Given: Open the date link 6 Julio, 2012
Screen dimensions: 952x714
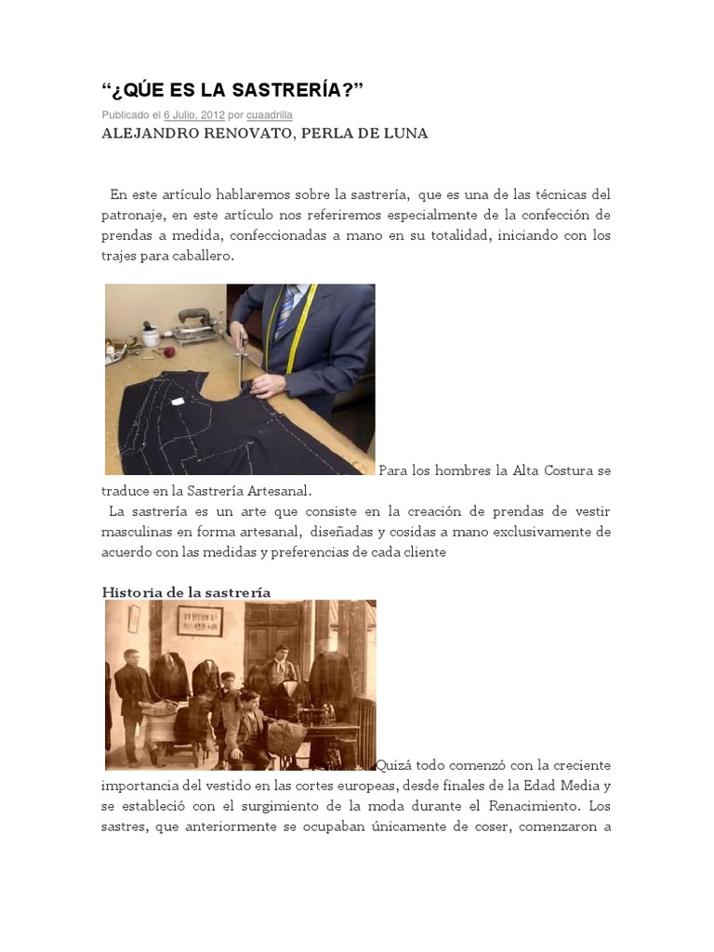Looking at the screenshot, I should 194,115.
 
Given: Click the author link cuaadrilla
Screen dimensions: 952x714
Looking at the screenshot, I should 270,115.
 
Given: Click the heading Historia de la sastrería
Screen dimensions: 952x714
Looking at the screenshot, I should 186,592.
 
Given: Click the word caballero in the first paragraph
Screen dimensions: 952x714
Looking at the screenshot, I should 204,256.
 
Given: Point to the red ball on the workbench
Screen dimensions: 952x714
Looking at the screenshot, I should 170,353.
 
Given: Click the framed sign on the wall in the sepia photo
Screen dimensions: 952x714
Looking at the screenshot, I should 200,620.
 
